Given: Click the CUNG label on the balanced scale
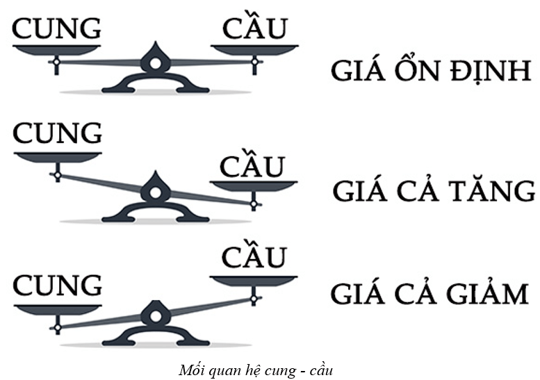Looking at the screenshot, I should pos(58,29).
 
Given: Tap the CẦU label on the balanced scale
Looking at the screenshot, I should pos(254,28).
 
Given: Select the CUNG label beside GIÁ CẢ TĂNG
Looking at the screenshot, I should pos(58,133).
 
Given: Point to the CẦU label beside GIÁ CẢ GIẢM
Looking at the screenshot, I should pos(254,256).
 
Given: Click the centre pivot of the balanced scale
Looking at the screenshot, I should pos(155,62).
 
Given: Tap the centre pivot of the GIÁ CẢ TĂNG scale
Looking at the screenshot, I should pos(155,188).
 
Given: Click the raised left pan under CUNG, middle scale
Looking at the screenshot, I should pos(57,156).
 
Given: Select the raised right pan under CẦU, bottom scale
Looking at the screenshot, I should pos(254,281).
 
